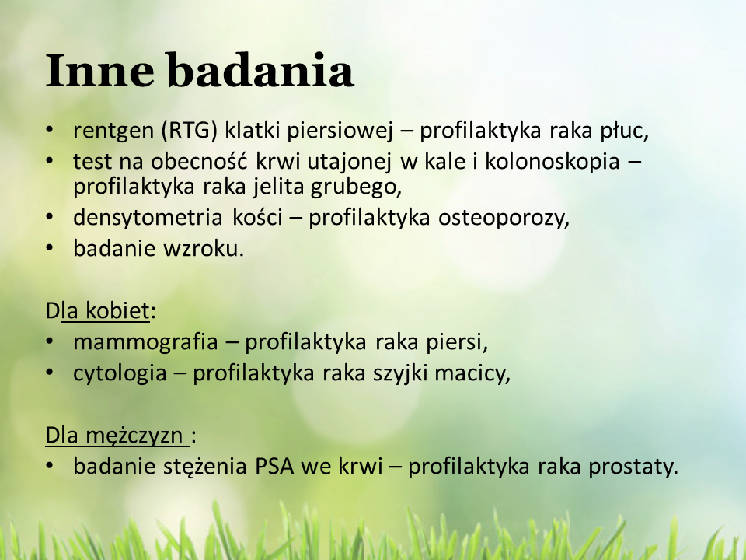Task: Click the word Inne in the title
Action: pyautogui.click(x=100, y=71)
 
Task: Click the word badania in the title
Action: pyautogui.click(x=261, y=71)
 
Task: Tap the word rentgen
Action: pyautogui.click(x=113, y=131)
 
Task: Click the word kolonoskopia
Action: pyautogui.click(x=553, y=162)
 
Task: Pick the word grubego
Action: pyautogui.click(x=356, y=187)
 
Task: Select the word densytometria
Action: pyautogui.click(x=148, y=218)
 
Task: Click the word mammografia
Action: pyautogui.click(x=145, y=342)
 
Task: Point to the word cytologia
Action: pyautogui.click(x=120, y=373)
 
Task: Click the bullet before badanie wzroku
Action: pyautogui.click(x=50, y=248)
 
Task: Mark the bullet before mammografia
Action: pyautogui.click(x=50, y=341)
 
